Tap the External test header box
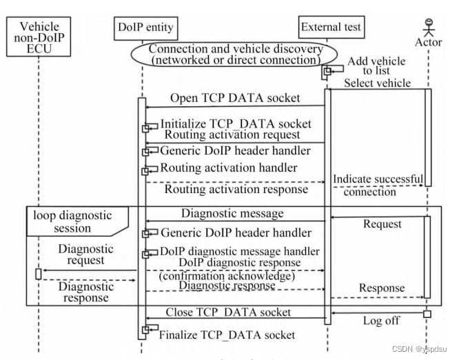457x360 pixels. coord(331,28)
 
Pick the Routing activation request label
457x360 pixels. coord(231,135)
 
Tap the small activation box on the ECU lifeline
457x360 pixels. coord(39,274)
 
